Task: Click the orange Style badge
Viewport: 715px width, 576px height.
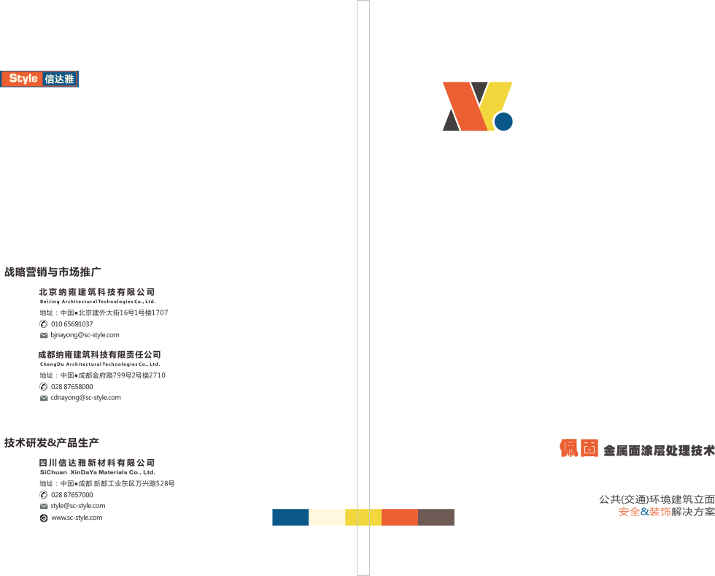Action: (x=21, y=79)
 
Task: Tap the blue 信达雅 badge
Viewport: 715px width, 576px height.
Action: (x=60, y=79)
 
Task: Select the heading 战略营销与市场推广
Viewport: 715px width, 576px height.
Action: (x=53, y=272)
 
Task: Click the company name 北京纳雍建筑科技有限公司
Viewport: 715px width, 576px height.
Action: (x=97, y=292)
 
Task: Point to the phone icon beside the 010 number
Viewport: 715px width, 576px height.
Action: (x=44, y=323)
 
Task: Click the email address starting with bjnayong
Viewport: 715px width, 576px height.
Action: (x=85, y=334)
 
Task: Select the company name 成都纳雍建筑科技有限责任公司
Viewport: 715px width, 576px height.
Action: (x=100, y=355)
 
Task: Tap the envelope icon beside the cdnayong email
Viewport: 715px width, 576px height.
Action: (x=44, y=398)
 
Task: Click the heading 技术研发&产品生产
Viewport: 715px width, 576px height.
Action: (x=52, y=442)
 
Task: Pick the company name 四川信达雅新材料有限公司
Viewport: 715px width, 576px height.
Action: (x=97, y=463)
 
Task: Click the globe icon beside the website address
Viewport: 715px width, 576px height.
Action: (x=44, y=518)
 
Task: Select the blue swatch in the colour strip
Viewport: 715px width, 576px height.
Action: (x=290, y=517)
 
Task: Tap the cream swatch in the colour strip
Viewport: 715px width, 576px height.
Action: (x=327, y=517)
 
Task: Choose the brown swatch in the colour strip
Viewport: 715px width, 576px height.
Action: (x=436, y=517)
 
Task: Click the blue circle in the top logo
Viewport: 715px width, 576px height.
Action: (x=503, y=121)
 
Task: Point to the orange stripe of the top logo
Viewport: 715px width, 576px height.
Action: (x=463, y=107)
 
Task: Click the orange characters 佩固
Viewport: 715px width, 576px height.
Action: (x=579, y=448)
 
